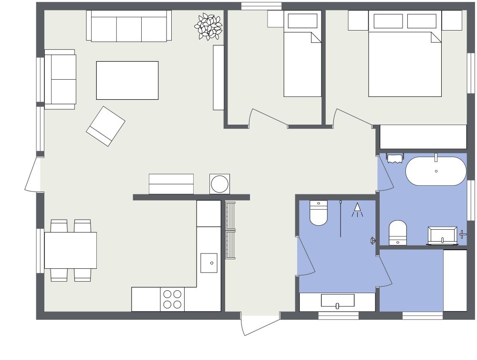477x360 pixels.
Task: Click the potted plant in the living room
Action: point(209,27)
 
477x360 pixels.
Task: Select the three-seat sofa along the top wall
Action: point(129,27)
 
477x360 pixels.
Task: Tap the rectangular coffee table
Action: point(127,80)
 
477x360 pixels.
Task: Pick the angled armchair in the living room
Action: point(105,126)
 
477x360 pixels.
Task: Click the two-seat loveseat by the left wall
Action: point(61,79)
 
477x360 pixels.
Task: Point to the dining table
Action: point(71,250)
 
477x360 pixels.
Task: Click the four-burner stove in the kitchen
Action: point(172,299)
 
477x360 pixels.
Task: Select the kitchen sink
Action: point(209,263)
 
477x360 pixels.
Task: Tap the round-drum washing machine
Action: point(219,184)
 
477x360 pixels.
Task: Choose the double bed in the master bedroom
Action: point(404,60)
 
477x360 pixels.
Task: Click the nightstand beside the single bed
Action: point(275,19)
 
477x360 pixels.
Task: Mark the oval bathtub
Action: point(436,171)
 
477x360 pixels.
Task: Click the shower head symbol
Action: point(357,209)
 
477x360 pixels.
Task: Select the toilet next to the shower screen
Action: point(319,213)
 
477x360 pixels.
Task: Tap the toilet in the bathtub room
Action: point(397,233)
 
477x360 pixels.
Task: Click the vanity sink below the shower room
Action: point(337,301)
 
